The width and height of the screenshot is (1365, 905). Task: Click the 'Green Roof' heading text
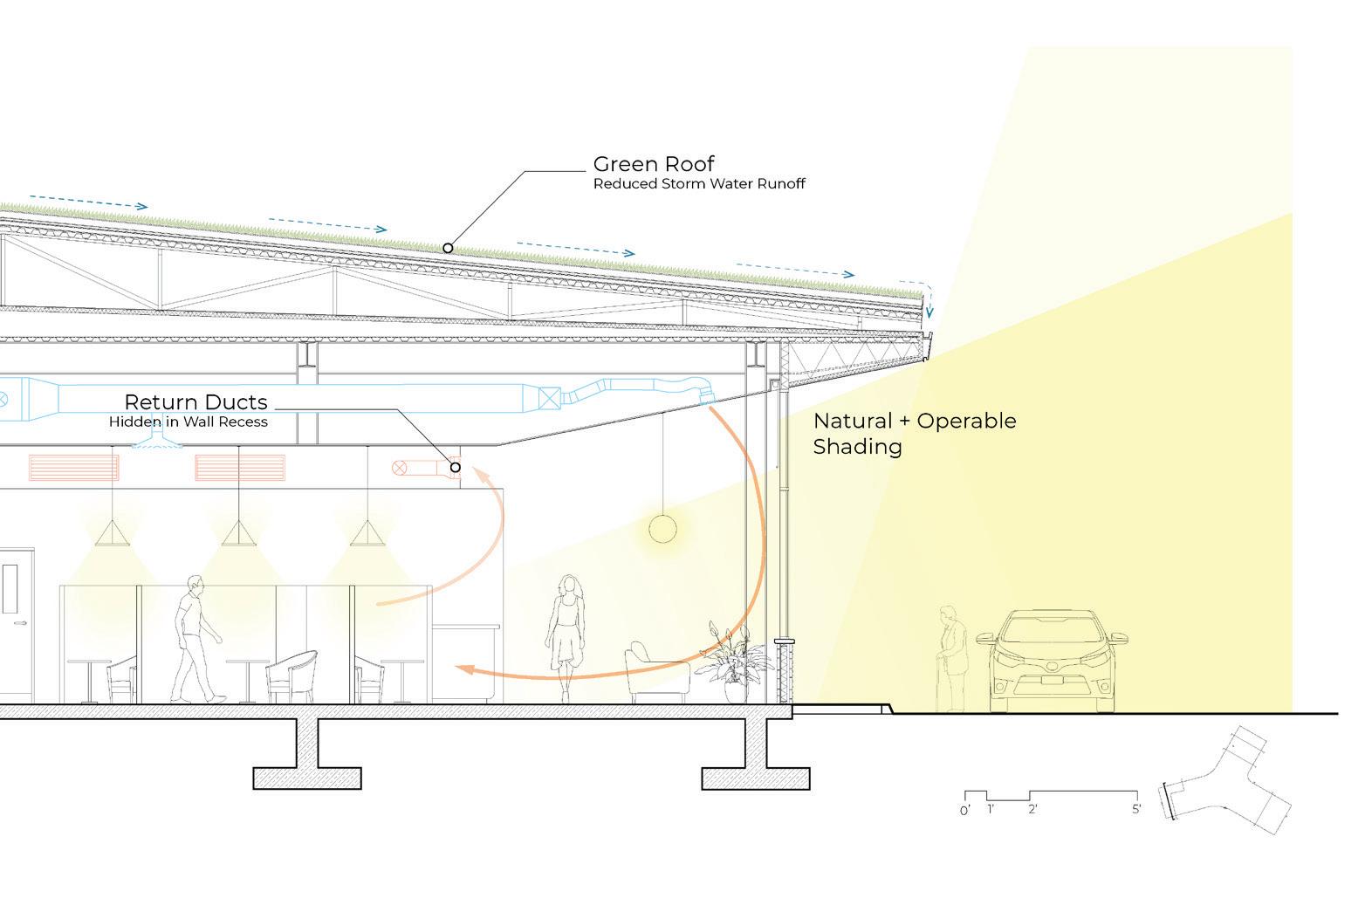point(654,164)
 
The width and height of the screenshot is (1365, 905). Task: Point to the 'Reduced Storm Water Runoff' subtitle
point(699,184)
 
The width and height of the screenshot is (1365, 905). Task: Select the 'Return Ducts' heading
point(195,402)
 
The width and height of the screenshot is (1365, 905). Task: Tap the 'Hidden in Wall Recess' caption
point(188,422)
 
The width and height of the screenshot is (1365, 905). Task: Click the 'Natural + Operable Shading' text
point(914,434)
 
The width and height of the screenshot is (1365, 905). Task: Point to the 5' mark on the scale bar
point(1135,809)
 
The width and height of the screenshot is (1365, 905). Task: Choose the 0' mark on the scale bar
point(964,810)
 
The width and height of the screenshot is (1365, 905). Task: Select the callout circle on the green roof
point(448,248)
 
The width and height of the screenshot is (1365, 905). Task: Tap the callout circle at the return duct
point(455,468)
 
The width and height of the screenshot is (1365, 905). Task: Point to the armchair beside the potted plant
point(655,673)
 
